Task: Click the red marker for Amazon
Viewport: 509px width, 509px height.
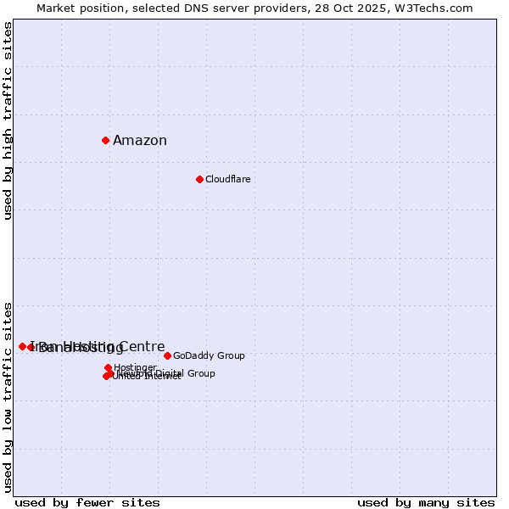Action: coord(105,140)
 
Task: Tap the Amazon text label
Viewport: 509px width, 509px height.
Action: coord(140,141)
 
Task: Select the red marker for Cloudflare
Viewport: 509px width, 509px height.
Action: coord(199,179)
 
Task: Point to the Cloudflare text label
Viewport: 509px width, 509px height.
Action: coord(227,180)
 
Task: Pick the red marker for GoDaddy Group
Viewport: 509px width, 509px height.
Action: coord(167,355)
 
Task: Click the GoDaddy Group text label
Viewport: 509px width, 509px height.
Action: coord(209,356)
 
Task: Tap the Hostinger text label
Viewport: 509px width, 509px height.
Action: coord(135,367)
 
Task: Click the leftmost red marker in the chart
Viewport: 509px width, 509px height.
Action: coord(22,346)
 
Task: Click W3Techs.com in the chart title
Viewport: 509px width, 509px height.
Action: coord(438,8)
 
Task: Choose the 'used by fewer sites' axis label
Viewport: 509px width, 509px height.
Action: coord(87,502)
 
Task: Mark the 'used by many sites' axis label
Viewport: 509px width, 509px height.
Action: coord(426,502)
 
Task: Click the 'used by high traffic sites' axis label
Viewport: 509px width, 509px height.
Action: coord(8,120)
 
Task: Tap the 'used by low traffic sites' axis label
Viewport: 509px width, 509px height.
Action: coord(8,396)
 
